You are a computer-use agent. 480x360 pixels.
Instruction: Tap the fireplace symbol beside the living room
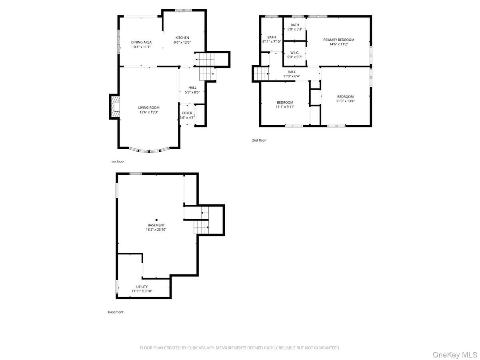pos(115,107)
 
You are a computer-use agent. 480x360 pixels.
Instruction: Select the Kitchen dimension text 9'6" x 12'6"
pos(182,42)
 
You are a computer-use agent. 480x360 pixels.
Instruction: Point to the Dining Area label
pos(141,42)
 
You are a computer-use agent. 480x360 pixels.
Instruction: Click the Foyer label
pos(187,113)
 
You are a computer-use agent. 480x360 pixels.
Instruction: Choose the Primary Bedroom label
pos(339,40)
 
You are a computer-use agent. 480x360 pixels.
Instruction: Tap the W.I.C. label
pos(294,52)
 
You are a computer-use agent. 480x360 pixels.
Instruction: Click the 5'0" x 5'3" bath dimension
pos(294,30)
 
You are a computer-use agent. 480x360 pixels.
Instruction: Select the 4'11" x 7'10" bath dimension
pos(272,42)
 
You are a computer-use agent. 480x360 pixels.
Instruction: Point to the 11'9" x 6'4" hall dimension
pos(292,76)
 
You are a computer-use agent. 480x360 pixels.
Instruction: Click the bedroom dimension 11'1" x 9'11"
pos(284,107)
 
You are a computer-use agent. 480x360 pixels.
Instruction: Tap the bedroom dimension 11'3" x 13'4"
pos(345,101)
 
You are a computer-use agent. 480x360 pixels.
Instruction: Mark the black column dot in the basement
pos(156,220)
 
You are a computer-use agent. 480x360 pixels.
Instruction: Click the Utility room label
pos(142,286)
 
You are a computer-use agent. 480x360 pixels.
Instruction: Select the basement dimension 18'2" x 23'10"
pos(156,230)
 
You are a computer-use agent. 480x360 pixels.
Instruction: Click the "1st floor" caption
pos(118,162)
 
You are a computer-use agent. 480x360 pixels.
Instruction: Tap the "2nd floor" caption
pos(259,140)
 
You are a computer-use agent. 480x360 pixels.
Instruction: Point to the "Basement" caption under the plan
pos(116,312)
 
